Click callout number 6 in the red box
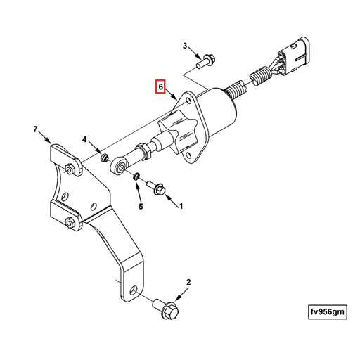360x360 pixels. (x=160, y=87)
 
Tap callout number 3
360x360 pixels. (x=186, y=46)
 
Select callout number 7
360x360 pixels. (x=35, y=129)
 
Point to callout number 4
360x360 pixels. (x=85, y=140)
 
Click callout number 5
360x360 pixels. (x=140, y=207)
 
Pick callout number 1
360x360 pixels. (x=180, y=207)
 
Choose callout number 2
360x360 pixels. (x=188, y=283)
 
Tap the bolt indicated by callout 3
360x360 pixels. (x=204, y=63)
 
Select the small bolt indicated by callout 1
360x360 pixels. (x=156, y=187)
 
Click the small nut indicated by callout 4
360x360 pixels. (x=103, y=155)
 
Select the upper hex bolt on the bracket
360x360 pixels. (x=70, y=168)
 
